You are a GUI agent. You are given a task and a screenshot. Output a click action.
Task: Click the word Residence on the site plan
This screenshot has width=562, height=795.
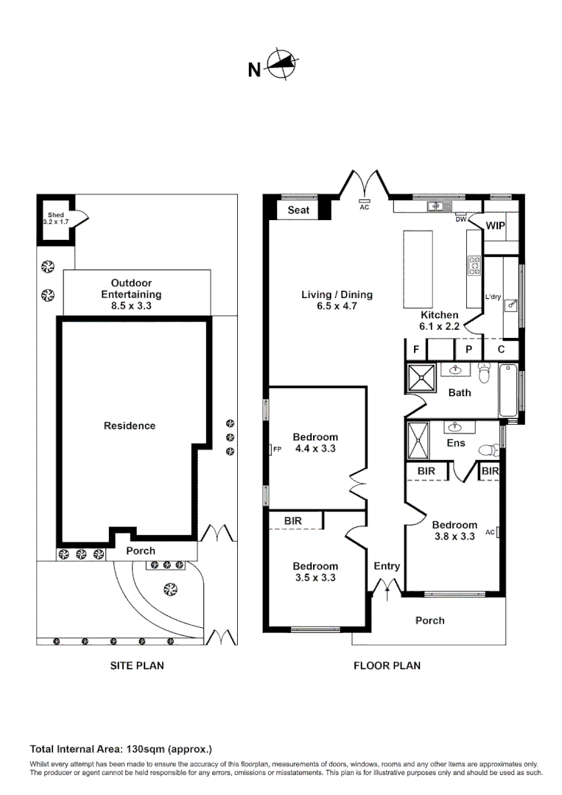[x=130, y=425]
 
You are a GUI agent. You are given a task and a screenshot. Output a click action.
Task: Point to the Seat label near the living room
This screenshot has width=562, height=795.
[x=298, y=211]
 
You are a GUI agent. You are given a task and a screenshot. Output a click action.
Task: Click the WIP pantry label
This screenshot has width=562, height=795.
[x=496, y=226]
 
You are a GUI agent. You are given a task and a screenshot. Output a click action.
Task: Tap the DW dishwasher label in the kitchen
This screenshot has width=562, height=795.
[x=460, y=219]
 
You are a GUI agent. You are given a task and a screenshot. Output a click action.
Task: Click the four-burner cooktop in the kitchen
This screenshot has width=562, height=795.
[x=474, y=266]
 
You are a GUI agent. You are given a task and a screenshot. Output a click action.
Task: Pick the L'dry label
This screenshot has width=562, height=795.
[x=493, y=297]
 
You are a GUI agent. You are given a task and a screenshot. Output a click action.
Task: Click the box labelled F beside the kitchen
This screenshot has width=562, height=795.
[x=416, y=349]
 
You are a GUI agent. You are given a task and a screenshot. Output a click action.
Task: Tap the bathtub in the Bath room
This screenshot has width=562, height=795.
[x=509, y=390]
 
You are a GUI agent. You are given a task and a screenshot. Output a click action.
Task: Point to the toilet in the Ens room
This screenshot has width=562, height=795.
[x=488, y=449]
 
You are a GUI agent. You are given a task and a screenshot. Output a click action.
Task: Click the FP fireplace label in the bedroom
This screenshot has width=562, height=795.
[x=277, y=448]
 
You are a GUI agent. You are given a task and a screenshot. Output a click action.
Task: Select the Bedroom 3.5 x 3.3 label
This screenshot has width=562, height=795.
[x=315, y=572]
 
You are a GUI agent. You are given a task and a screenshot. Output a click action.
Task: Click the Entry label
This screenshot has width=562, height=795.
[x=387, y=566]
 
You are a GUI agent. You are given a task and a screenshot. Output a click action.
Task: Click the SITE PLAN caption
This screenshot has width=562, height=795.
[x=137, y=665]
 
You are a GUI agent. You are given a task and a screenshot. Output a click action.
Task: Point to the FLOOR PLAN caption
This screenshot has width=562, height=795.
[x=387, y=665]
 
